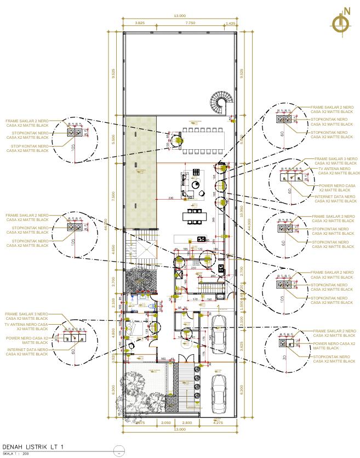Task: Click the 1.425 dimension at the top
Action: point(230,24)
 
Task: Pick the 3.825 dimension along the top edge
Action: point(140,24)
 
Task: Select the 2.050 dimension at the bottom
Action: point(167,423)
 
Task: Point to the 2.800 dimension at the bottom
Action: point(187,423)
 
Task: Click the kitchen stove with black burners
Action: point(200,239)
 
